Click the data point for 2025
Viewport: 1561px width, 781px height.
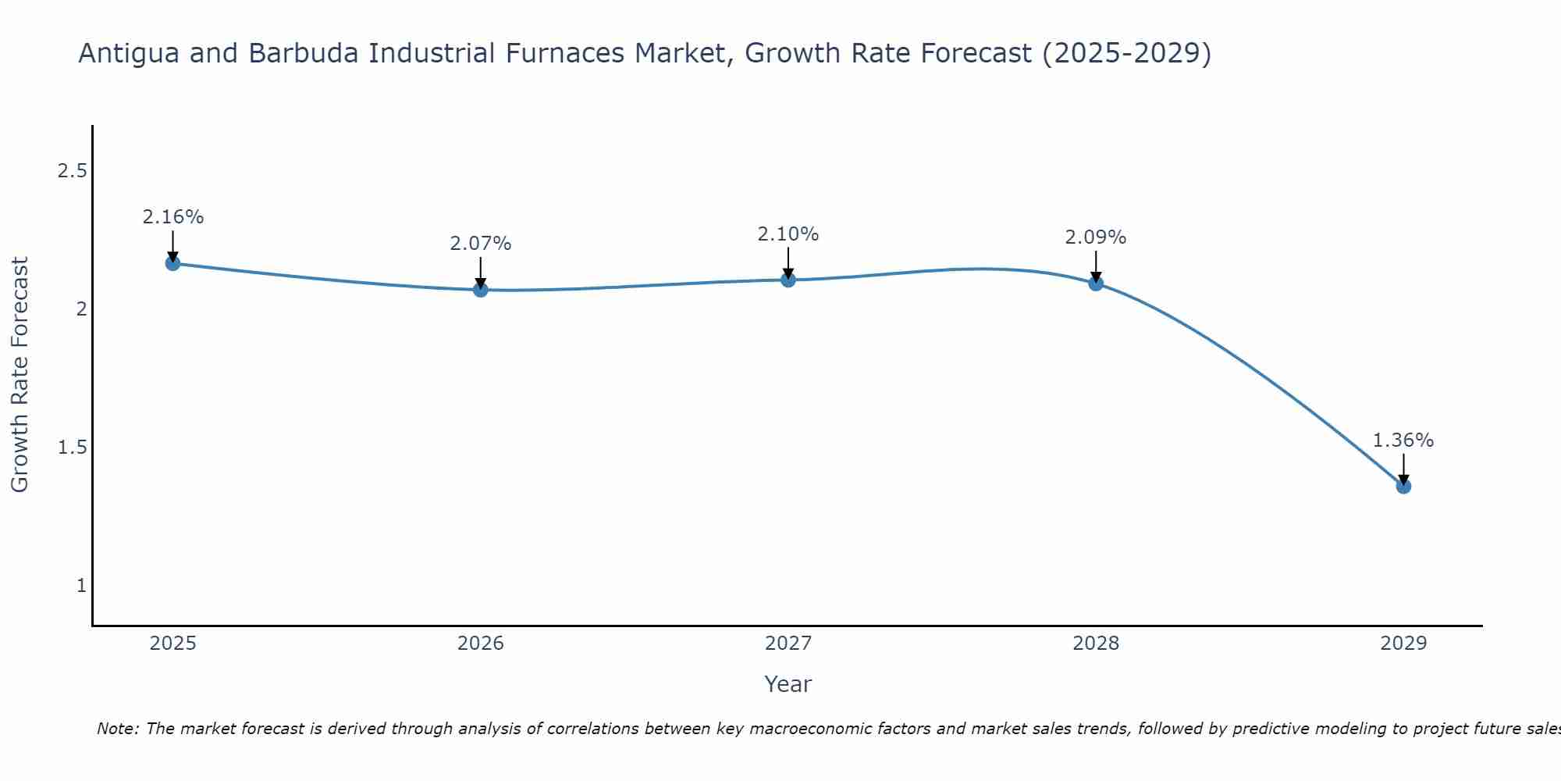(172, 263)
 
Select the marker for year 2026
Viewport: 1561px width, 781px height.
(481, 290)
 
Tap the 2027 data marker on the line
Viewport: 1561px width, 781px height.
(788, 280)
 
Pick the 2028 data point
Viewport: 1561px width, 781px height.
(1096, 284)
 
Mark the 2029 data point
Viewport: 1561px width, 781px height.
(1403, 487)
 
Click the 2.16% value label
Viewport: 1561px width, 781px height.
(172, 217)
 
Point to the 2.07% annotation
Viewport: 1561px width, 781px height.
(481, 244)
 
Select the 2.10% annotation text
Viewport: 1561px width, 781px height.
(788, 234)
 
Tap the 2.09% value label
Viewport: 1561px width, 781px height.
(1096, 237)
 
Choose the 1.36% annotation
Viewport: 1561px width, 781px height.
(1403, 440)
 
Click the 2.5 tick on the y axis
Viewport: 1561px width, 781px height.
(72, 171)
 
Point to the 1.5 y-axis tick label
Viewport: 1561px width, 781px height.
(72, 448)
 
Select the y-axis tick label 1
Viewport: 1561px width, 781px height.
(81, 586)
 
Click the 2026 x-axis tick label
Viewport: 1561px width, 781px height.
(481, 644)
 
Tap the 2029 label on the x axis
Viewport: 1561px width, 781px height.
(1403, 644)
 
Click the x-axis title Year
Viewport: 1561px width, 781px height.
(788, 684)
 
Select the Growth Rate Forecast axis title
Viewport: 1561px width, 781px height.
(20, 375)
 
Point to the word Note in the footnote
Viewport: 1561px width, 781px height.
(117, 729)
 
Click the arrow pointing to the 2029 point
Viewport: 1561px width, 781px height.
(1403, 469)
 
